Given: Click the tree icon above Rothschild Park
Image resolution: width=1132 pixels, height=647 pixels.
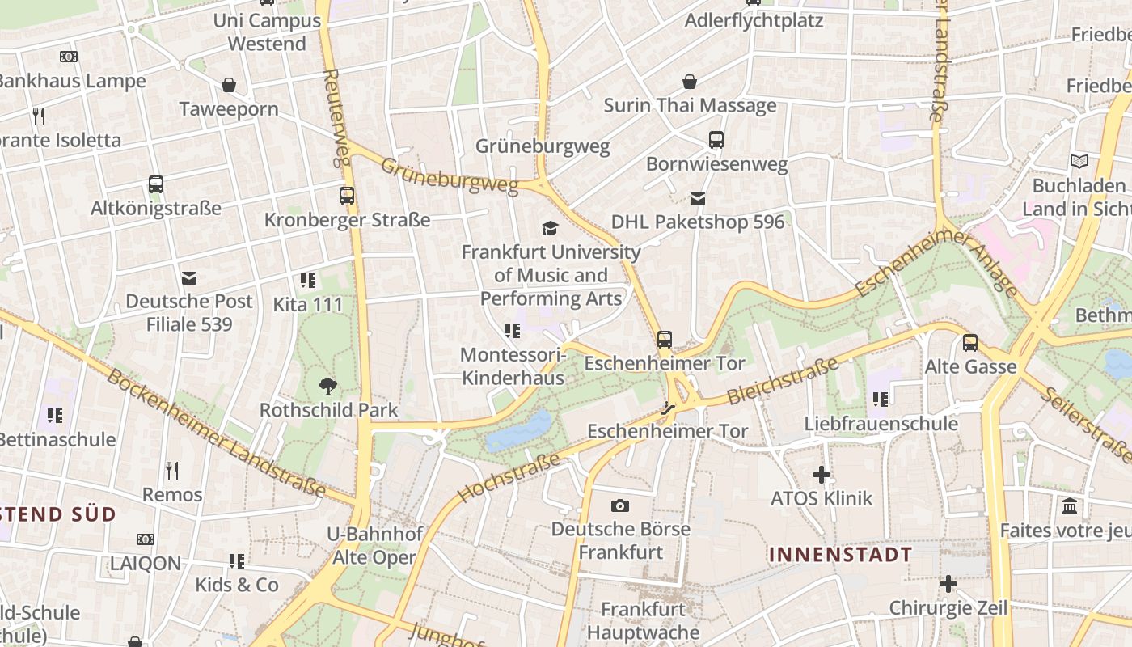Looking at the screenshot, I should pos(328,386).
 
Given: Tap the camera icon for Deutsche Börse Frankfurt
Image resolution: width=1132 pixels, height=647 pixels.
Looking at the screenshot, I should pos(620,505).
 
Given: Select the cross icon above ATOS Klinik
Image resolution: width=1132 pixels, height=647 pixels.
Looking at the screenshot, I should pos(822,475).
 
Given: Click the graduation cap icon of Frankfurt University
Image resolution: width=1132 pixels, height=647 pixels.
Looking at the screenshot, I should pos(551,228).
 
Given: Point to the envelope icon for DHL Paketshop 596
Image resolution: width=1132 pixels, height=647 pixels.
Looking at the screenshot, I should pos(698,198).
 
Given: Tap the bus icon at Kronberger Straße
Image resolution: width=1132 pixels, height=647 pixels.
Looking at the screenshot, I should pos(347,196).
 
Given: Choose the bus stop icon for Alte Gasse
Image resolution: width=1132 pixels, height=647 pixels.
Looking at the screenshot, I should pos(970,343).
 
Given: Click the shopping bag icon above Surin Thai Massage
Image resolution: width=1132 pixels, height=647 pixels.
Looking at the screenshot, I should pos(690,82).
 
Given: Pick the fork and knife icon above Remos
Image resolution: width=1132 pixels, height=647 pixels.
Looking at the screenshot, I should pos(172,470).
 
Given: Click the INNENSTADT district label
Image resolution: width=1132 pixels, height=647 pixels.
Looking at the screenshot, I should pos(840,555).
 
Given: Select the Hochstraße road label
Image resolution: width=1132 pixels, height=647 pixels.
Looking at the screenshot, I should pos(509,477).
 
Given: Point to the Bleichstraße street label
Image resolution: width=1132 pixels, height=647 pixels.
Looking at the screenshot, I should pos(783,382).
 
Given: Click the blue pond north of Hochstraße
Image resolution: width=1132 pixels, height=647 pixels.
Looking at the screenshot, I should pos(519,429).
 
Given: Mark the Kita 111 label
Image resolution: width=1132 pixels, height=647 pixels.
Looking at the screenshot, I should pos(308,305).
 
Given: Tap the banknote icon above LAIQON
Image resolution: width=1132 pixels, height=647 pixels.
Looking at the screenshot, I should pos(146,539).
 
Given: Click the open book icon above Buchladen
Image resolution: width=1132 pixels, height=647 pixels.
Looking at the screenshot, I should pos(1079,161).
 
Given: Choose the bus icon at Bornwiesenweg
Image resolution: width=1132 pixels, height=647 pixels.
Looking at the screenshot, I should pos(716,140).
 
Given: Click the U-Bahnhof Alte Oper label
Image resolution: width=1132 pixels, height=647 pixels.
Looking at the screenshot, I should pos(374,546).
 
